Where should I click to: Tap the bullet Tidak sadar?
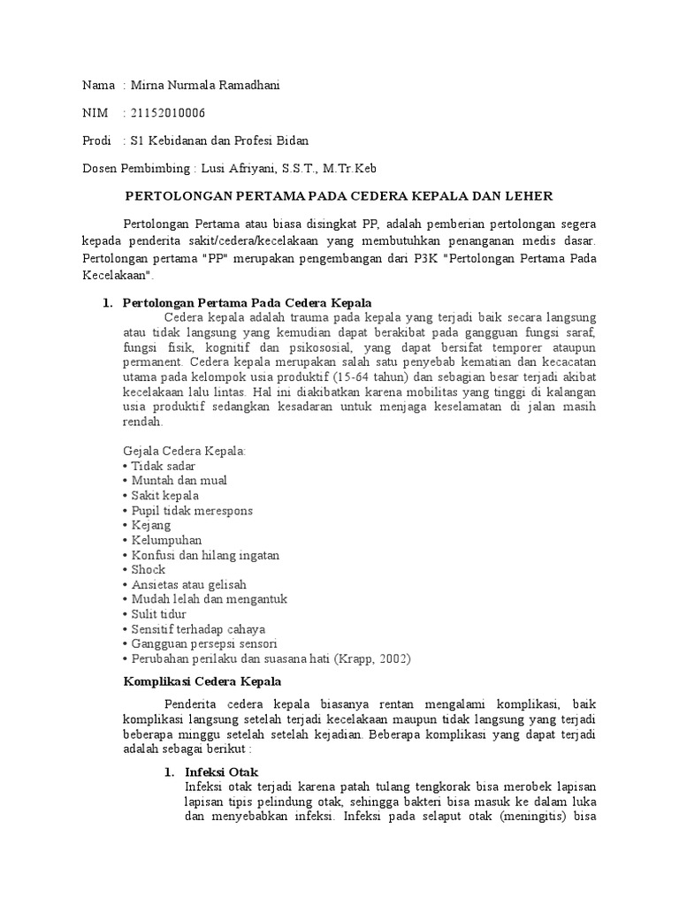tap(163, 466)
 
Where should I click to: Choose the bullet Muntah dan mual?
tap(178, 481)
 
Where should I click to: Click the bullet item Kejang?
tap(150, 525)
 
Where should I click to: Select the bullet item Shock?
tap(148, 570)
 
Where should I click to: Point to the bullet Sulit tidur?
tap(159, 614)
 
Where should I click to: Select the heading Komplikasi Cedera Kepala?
tap(200, 682)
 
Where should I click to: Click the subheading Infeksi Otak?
tap(221, 772)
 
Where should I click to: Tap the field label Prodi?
tap(96, 141)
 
